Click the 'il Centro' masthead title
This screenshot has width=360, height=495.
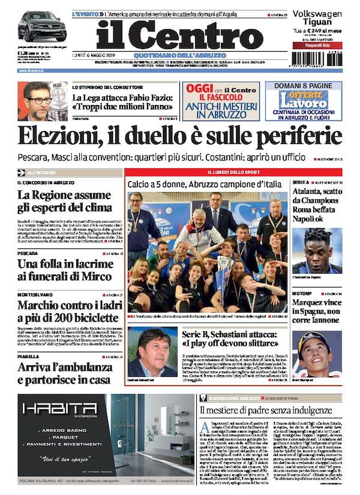click(x=179, y=35)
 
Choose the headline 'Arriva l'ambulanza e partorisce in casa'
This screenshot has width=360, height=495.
click(x=64, y=373)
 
